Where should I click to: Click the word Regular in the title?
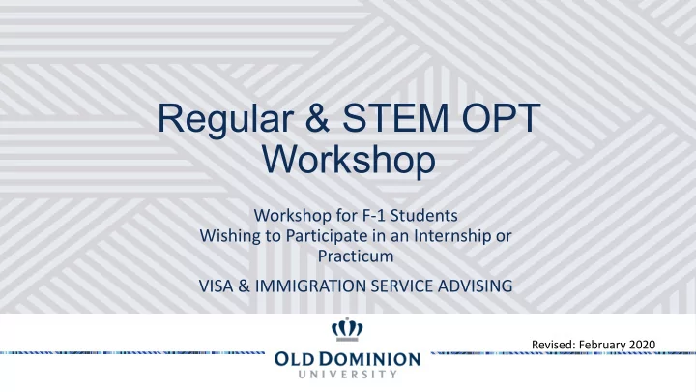[x=225, y=119]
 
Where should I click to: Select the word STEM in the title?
[x=395, y=118]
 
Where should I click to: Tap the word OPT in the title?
[x=501, y=118]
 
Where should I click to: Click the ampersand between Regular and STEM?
[x=318, y=118]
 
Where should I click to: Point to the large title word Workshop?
[x=349, y=160]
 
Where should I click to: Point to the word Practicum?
[x=356, y=256]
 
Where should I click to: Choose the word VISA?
[x=216, y=286]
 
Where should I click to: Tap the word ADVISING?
[x=475, y=286]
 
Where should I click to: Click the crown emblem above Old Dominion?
[x=347, y=329]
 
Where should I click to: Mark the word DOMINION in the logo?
[x=376, y=359]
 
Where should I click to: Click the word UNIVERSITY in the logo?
[x=348, y=375]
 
